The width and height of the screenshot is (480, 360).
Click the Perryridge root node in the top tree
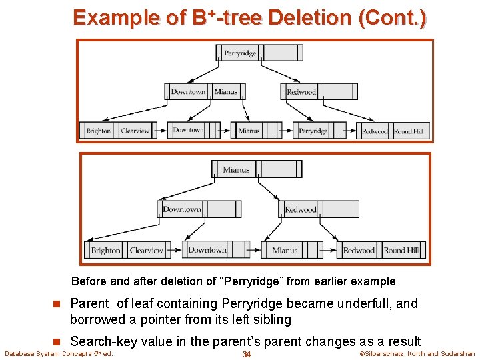click(240, 53)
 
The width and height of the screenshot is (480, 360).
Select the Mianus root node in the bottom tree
click(236, 169)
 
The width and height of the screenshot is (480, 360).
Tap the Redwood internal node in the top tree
click(301, 92)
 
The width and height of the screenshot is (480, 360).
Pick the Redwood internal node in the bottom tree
click(301, 209)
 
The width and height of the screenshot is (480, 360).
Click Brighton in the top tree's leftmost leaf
click(99, 131)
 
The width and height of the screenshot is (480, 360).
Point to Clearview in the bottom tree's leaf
click(147, 251)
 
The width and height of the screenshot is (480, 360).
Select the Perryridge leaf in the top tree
click(313, 131)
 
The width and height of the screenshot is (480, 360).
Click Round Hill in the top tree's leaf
click(409, 131)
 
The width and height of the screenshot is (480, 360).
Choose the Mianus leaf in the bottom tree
click(285, 251)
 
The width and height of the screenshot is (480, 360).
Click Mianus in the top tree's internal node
click(226, 92)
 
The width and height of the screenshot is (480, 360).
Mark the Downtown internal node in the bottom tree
click(182, 209)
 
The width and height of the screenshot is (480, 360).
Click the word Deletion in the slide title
click(311, 17)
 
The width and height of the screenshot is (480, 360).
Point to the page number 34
click(246, 354)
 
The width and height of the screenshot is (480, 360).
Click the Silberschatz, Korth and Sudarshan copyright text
click(417, 354)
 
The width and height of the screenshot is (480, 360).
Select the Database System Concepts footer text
click(59, 354)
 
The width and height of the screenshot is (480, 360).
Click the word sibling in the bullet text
click(269, 319)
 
